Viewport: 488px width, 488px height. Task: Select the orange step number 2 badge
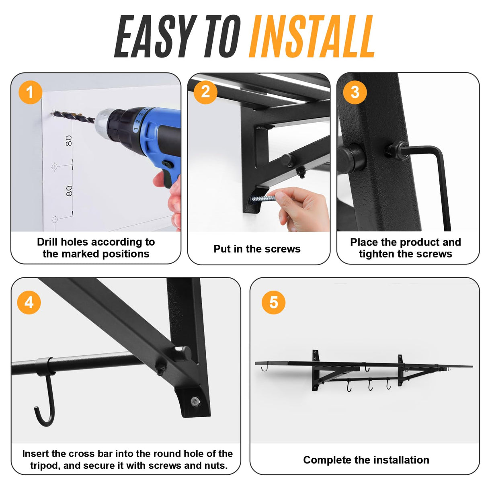[x=205, y=92]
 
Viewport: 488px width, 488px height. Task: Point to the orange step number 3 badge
[x=355, y=92]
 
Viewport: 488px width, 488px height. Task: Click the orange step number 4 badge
[x=29, y=302]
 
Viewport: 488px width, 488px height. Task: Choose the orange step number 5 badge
[x=273, y=302]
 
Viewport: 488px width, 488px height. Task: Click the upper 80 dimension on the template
[x=69, y=141]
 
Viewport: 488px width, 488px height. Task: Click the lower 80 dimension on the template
[x=69, y=191]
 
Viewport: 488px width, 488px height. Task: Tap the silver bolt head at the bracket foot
[x=195, y=400]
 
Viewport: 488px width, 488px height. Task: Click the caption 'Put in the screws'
[x=257, y=249]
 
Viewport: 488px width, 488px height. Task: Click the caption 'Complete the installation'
[x=366, y=460]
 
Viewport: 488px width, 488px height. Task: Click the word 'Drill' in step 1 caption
[x=47, y=242]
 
